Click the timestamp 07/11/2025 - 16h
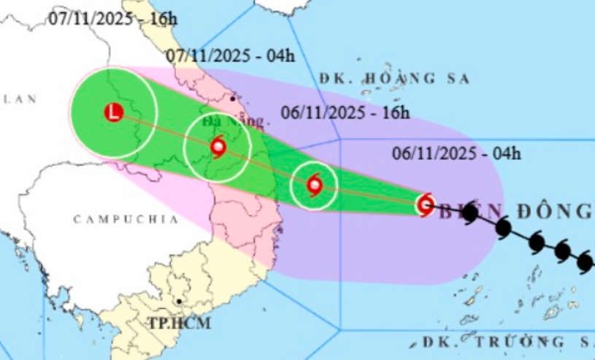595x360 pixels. [x=113, y=19]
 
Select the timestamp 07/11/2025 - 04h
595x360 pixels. [x=229, y=55]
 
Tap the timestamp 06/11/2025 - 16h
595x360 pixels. [x=345, y=112]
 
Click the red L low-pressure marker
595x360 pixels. [x=113, y=112]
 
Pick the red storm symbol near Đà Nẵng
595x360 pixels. [x=218, y=148]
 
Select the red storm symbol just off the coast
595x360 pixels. [x=314, y=185]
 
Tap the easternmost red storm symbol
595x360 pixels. [x=425, y=204]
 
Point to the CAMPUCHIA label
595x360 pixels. [x=126, y=218]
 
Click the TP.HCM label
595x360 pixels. [x=179, y=323]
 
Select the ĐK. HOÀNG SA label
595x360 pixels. [x=394, y=78]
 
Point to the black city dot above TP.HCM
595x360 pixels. [x=179, y=301]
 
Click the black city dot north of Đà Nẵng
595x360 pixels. [x=232, y=98]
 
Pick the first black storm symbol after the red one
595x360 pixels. [x=469, y=214]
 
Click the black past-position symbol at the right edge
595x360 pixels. [x=585, y=261]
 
